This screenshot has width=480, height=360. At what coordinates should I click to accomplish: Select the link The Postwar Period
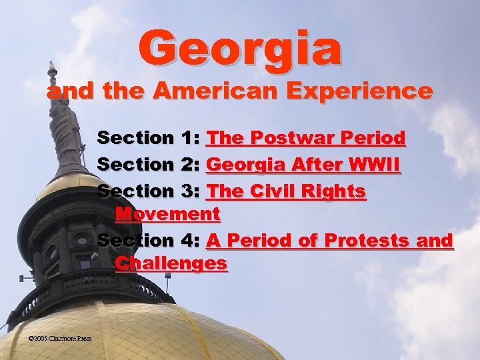point(306,138)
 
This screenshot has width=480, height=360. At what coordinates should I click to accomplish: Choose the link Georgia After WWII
point(304,164)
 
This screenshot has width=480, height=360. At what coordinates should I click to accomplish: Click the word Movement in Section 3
point(167,214)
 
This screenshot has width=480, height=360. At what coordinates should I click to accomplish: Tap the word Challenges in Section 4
point(171,263)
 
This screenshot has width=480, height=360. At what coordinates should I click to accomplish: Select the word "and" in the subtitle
point(63,91)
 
